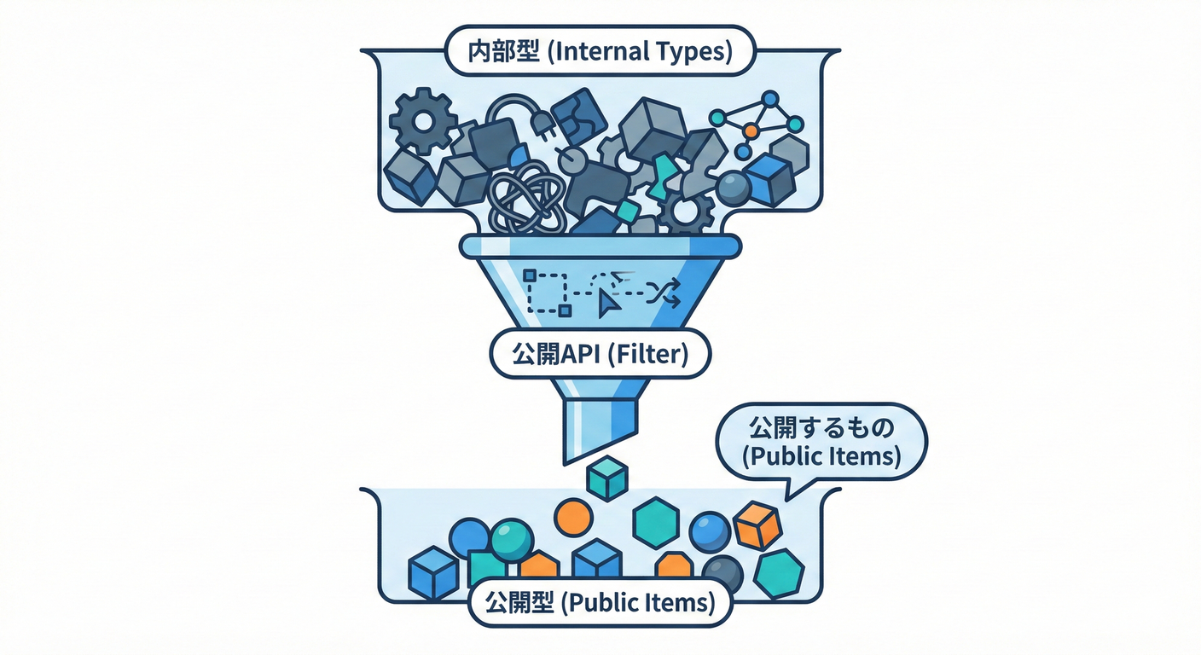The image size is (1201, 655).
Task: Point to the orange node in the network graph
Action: [x=750, y=130]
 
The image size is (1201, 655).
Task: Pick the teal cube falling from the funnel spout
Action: [x=607, y=478]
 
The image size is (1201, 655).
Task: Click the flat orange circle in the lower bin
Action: [x=572, y=517]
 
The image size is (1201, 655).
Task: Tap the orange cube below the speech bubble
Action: [x=757, y=525]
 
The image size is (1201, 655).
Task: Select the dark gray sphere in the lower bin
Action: [x=722, y=573]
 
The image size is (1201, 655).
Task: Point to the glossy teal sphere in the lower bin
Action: [x=512, y=539]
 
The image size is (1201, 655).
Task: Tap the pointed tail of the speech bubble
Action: [x=789, y=495]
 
